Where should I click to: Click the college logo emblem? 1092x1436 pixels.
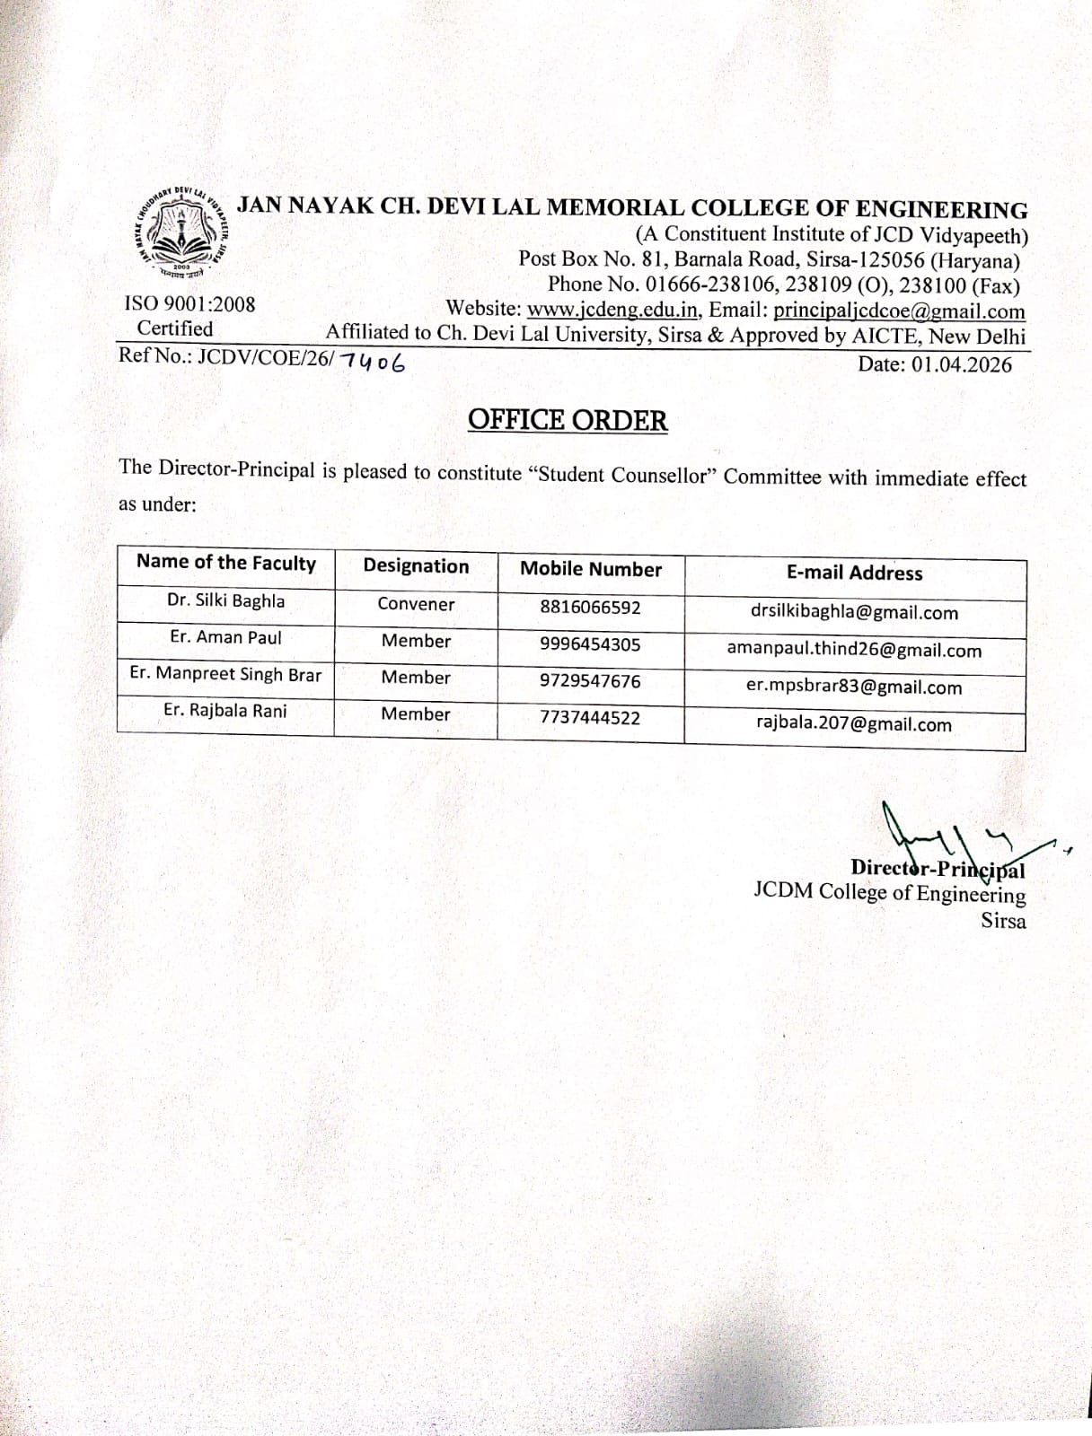(183, 229)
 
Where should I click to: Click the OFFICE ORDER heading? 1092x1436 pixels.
(568, 420)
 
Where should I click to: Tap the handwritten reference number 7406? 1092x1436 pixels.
(372, 363)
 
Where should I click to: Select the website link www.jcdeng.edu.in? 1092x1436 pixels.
(612, 311)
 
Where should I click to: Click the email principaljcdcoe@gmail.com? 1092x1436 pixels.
(899, 311)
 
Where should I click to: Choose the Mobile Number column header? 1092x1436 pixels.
(591, 569)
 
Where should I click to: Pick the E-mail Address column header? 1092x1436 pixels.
(854, 573)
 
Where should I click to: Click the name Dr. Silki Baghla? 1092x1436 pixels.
(225, 600)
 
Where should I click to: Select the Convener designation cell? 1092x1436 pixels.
(416, 604)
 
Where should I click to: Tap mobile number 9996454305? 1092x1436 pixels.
(590, 644)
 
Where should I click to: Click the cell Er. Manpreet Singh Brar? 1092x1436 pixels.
(225, 674)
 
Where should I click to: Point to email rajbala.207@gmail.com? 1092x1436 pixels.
(854, 724)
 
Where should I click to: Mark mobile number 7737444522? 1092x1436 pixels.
(590, 718)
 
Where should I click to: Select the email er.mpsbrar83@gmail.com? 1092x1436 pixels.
(854, 687)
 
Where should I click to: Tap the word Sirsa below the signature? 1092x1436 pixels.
(1003, 921)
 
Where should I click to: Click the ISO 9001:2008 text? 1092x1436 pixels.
(189, 304)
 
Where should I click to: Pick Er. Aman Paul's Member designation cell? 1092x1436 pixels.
(416, 641)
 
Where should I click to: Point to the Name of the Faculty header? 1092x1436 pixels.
(226, 563)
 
